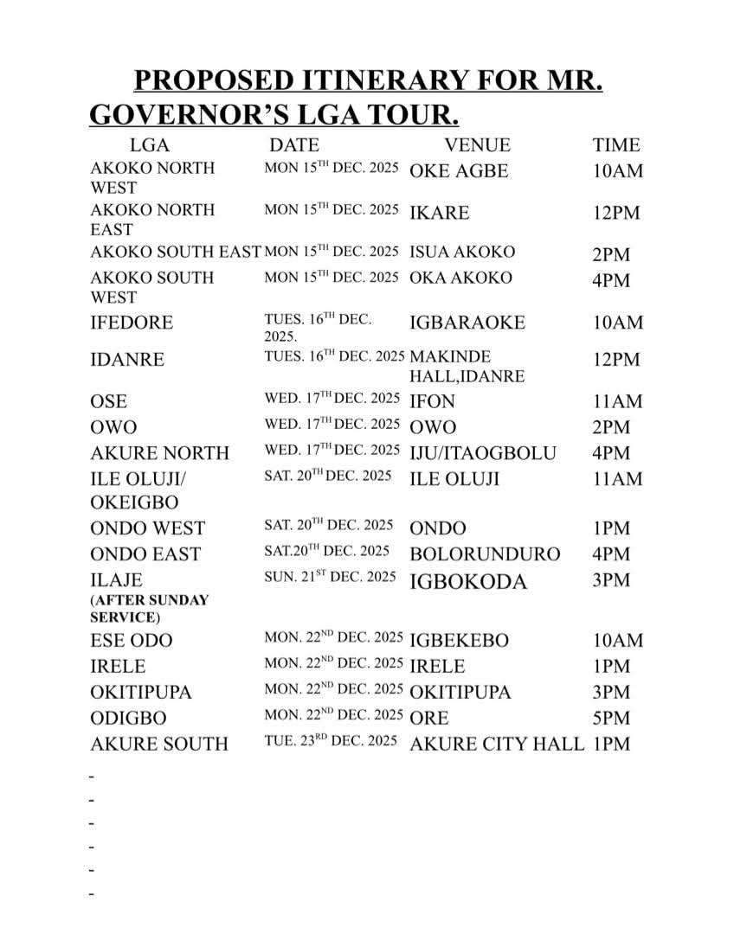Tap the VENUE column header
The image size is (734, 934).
coord(477,145)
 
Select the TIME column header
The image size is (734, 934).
coord(616,145)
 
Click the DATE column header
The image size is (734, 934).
coord(294,145)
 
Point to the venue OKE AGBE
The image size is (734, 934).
coord(459,170)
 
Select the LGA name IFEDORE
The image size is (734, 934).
coord(132,323)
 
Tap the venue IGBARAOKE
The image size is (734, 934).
coord(467,323)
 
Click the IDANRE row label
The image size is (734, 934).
coord(126,360)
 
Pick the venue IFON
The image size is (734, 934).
coord(432,401)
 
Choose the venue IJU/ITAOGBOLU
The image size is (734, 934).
coord(483,452)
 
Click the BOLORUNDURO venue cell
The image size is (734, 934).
coord(485,553)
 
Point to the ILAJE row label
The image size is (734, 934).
coord(116,579)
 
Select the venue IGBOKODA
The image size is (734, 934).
coord(467,581)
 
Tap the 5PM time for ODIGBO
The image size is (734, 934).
coord(611,718)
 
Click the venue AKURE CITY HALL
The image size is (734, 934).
coord(497,744)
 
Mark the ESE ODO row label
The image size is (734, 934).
coord(131,641)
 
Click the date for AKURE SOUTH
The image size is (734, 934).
coord(331,741)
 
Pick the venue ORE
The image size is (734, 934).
coord(429,718)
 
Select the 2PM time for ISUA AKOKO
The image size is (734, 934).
coord(611,254)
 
